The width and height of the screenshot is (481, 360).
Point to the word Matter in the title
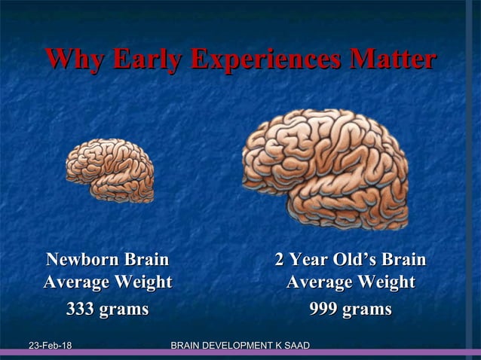(x=394, y=60)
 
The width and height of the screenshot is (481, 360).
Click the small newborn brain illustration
(x=110, y=169)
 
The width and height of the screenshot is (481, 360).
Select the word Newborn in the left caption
(x=84, y=261)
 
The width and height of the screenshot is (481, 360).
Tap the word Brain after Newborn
(x=146, y=261)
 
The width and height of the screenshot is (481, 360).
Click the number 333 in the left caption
(x=81, y=309)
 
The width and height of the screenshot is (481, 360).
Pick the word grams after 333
(x=124, y=309)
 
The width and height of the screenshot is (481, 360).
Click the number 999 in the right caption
(x=325, y=309)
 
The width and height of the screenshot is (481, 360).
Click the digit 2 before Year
(x=280, y=261)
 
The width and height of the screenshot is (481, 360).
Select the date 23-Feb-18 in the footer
(x=50, y=346)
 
